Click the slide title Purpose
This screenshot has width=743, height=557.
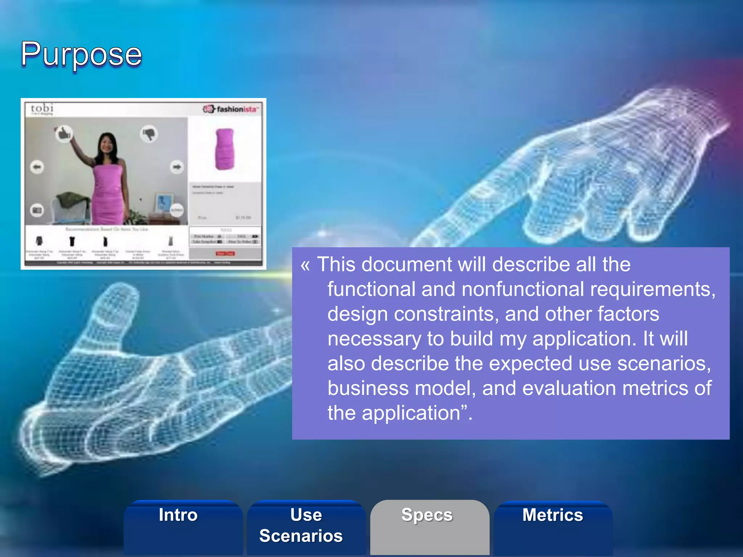(81, 54)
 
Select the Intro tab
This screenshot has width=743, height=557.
(178, 515)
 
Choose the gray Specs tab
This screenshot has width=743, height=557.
(427, 515)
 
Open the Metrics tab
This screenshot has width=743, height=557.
(553, 515)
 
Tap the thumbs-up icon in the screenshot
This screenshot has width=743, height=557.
(64, 134)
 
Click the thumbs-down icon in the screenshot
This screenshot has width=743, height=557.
(149, 134)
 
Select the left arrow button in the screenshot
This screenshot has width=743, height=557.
(37, 167)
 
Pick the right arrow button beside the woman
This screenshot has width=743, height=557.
(177, 167)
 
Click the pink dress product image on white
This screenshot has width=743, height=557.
(225, 149)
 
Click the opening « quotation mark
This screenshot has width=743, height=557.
(305, 265)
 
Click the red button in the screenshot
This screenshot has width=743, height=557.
(225, 253)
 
